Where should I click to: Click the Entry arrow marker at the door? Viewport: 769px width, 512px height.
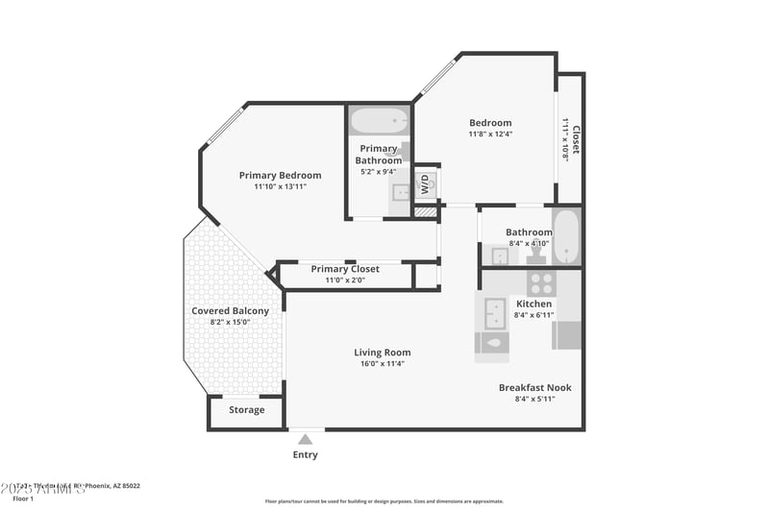(x=305, y=439)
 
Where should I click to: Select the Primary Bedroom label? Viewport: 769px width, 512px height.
(x=280, y=175)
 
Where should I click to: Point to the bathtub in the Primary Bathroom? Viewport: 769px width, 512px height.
(x=379, y=122)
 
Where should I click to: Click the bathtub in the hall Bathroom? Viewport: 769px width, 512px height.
(x=567, y=236)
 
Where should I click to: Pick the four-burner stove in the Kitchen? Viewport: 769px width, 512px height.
(x=541, y=283)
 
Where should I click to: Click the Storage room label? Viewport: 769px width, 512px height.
(x=246, y=410)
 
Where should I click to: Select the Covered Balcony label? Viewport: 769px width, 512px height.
(x=230, y=310)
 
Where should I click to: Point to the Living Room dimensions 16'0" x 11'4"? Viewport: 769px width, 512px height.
(x=382, y=364)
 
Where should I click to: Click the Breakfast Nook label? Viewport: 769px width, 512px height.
(x=534, y=387)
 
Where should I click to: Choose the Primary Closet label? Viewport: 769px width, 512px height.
(x=344, y=269)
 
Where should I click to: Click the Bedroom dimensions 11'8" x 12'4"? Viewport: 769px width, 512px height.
(x=490, y=134)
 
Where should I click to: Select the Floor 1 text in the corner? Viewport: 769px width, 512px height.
(x=23, y=499)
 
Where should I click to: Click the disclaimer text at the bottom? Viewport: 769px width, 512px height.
(x=384, y=500)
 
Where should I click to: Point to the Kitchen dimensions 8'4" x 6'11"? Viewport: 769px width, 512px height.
(x=534, y=315)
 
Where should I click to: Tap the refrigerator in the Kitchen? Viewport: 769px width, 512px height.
(x=567, y=335)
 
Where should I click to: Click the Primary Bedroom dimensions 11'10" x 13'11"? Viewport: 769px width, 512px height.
(x=280, y=186)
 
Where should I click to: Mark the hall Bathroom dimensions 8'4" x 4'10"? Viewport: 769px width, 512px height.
(x=529, y=244)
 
